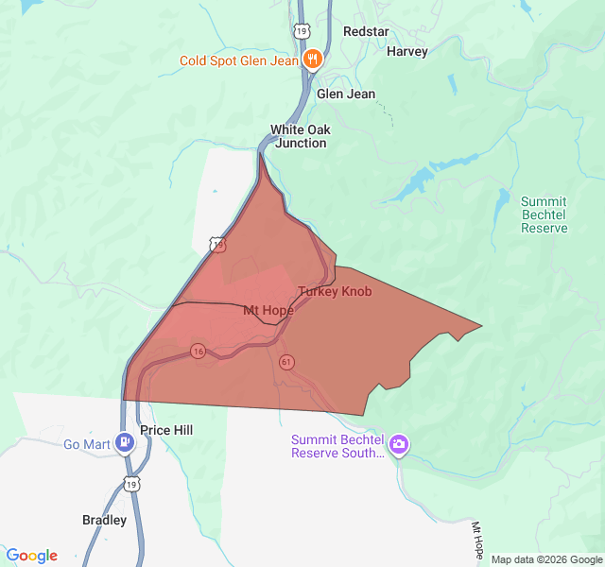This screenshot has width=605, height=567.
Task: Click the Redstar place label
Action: click(x=366, y=31)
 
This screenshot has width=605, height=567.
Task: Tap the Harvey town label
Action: click(x=407, y=51)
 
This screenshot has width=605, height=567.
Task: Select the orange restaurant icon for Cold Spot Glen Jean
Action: click(x=313, y=60)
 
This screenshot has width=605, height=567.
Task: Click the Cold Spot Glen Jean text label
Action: click(x=239, y=60)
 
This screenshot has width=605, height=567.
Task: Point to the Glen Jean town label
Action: click(x=346, y=94)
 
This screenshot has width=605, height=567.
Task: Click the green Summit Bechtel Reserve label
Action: click(x=544, y=215)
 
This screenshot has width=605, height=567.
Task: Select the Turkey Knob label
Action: click(x=335, y=291)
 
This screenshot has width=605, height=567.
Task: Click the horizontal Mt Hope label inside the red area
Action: click(x=268, y=310)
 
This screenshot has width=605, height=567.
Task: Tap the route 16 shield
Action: click(x=198, y=351)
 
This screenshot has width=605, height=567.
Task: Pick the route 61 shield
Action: click(x=286, y=362)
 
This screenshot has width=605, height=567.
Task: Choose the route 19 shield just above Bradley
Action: click(x=130, y=484)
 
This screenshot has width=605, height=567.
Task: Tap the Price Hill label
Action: click(x=166, y=430)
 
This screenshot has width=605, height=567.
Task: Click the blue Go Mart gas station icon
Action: click(x=124, y=442)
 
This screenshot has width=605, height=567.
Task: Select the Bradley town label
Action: click(x=104, y=520)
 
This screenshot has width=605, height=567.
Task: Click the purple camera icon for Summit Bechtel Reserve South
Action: click(x=399, y=443)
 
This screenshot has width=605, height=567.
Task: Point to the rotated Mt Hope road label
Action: click(x=478, y=539)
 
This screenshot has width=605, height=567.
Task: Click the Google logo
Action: click(x=31, y=556)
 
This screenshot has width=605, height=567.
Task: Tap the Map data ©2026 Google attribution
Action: click(x=546, y=559)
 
